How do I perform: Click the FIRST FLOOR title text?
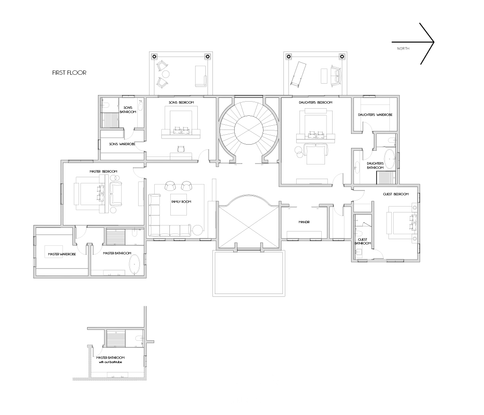[x=69, y=73]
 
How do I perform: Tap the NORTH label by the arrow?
[x=403, y=48]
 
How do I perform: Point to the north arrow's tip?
[x=434, y=42]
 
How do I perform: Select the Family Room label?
[x=181, y=202]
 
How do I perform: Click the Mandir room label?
[x=304, y=222]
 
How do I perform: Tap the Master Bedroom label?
[x=104, y=172]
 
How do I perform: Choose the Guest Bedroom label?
[x=396, y=194]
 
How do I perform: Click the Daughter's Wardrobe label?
[x=375, y=115]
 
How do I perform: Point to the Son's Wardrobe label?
[x=122, y=144]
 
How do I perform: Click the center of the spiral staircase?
[x=248, y=130]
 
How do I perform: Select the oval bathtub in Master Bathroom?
[x=134, y=265]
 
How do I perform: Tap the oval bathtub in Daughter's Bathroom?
[x=389, y=159]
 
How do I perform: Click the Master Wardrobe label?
[x=62, y=254]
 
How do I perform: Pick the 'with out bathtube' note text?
[x=110, y=362]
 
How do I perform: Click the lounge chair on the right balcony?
[x=298, y=74]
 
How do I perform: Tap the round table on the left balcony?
[x=166, y=74]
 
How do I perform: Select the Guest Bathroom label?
[x=363, y=242]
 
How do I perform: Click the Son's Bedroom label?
[x=181, y=103]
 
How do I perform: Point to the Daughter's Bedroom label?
[x=316, y=103]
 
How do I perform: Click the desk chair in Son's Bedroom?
[x=181, y=149]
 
